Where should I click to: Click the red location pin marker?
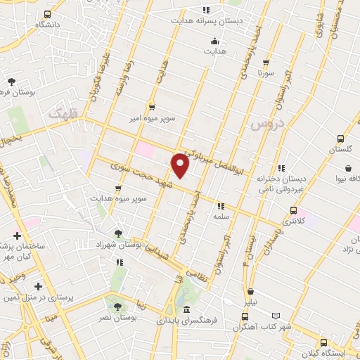tap(181, 165)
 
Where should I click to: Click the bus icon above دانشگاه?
tap(47, 14)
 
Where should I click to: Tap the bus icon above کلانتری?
tap(294, 210)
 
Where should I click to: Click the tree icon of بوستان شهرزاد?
tap(117, 233)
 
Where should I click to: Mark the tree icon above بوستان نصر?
tap(117, 306)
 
